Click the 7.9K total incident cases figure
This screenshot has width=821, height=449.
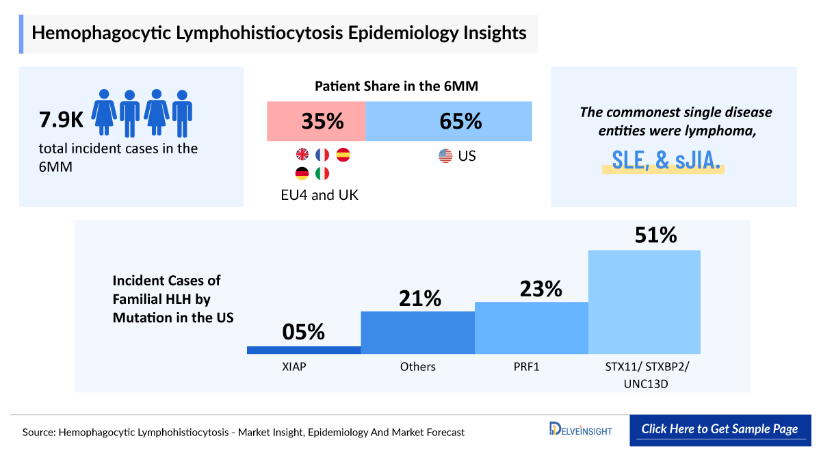(61, 120)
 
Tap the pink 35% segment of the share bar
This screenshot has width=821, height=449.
(316, 122)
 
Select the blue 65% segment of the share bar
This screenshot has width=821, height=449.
(449, 122)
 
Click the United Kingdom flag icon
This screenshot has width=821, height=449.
(301, 155)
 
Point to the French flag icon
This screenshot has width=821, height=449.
(322, 155)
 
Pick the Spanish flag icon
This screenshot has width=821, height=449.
(343, 155)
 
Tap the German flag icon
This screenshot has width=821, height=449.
(301, 174)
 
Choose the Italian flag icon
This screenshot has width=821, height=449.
(322, 174)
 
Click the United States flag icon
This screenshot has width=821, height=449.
(445, 156)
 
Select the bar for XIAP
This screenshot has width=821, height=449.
(304, 350)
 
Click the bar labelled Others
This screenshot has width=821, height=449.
(417, 333)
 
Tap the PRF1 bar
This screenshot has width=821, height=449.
(531, 328)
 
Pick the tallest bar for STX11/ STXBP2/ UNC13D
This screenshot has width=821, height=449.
(644, 302)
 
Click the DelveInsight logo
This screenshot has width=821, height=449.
(580, 430)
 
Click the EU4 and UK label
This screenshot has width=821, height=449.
(320, 194)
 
